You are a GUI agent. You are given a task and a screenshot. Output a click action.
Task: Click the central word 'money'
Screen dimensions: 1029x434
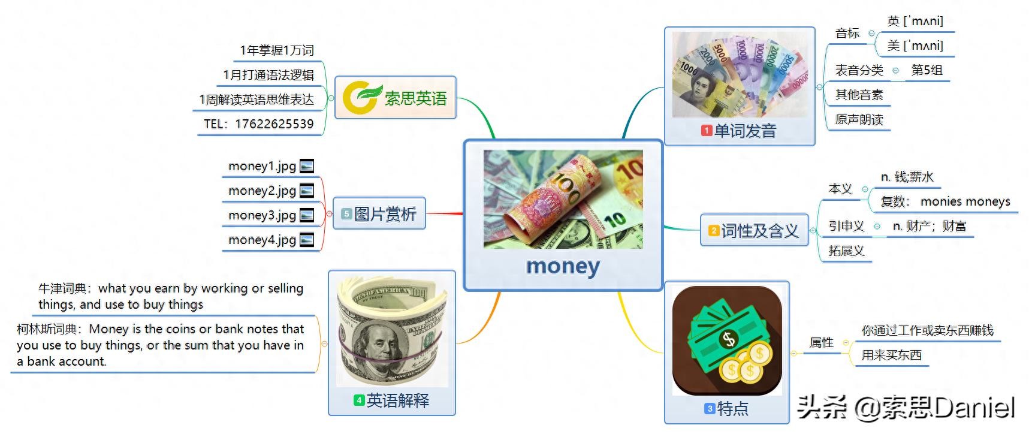(x=563, y=266)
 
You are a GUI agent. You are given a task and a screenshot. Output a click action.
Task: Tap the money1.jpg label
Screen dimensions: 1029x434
(x=262, y=166)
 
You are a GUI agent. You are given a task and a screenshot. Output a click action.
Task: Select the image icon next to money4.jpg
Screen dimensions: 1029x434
(x=307, y=240)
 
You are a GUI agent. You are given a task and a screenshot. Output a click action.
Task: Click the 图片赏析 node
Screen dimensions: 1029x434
(x=379, y=213)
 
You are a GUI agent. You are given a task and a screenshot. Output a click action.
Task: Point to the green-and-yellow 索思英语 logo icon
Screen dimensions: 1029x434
(x=361, y=98)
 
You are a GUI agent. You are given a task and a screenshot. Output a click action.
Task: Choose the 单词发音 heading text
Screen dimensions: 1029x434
(x=745, y=131)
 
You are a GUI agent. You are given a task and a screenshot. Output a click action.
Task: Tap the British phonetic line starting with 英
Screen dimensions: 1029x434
(x=915, y=22)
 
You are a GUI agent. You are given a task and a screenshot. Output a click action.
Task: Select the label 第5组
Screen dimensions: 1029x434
(x=927, y=70)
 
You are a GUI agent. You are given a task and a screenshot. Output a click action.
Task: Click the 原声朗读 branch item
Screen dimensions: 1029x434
(x=859, y=119)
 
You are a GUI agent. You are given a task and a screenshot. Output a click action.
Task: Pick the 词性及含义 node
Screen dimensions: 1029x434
(x=755, y=230)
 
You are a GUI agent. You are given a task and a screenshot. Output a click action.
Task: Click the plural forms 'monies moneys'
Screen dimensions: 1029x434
(x=965, y=201)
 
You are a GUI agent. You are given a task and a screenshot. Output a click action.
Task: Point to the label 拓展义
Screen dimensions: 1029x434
(x=846, y=251)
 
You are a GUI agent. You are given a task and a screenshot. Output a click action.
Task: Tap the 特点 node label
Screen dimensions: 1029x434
(x=732, y=409)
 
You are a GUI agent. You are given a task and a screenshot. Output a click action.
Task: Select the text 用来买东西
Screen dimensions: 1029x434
(x=892, y=355)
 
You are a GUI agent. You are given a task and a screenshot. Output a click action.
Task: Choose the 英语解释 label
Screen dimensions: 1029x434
(x=398, y=400)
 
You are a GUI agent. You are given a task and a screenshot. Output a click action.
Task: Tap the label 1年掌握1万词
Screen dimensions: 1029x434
(x=277, y=50)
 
